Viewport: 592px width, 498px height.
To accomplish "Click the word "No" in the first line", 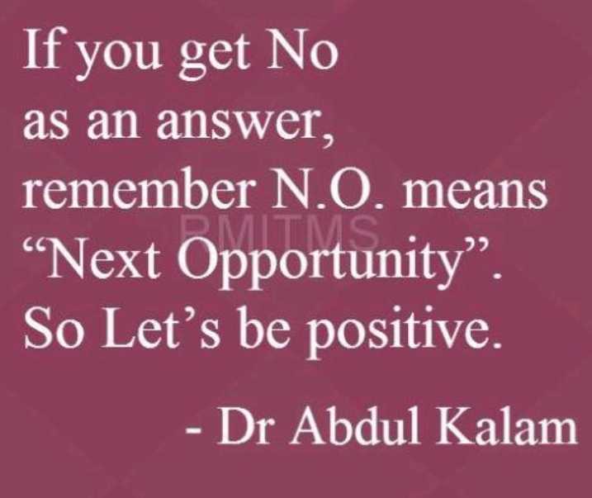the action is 301,50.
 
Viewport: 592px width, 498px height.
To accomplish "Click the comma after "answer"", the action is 328,137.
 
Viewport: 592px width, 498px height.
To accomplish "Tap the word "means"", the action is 475,193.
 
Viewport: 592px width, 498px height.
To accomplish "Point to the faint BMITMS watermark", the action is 278,229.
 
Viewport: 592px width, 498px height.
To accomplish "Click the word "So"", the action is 53,328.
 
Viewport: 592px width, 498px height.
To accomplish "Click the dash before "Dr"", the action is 193,430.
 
